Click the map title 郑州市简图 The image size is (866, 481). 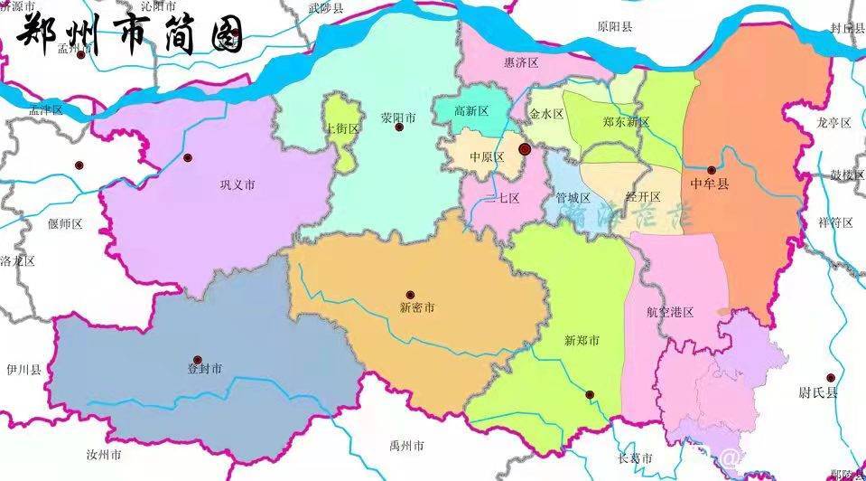coord(131,34)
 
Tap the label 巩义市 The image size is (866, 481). coord(237,184)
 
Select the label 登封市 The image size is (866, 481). coord(203,369)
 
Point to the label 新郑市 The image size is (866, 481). coord(582,340)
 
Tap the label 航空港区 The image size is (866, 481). coord(670,312)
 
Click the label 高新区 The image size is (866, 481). coord(470,111)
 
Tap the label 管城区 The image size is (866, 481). coord(573,197)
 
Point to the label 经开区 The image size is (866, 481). coord(643,196)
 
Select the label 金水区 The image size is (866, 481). coord(546,114)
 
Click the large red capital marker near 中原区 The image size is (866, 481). coord(525,148)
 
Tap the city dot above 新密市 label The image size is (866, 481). coord(410,294)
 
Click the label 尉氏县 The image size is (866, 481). coord(819,392)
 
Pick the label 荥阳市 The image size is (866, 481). coord(398,118)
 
